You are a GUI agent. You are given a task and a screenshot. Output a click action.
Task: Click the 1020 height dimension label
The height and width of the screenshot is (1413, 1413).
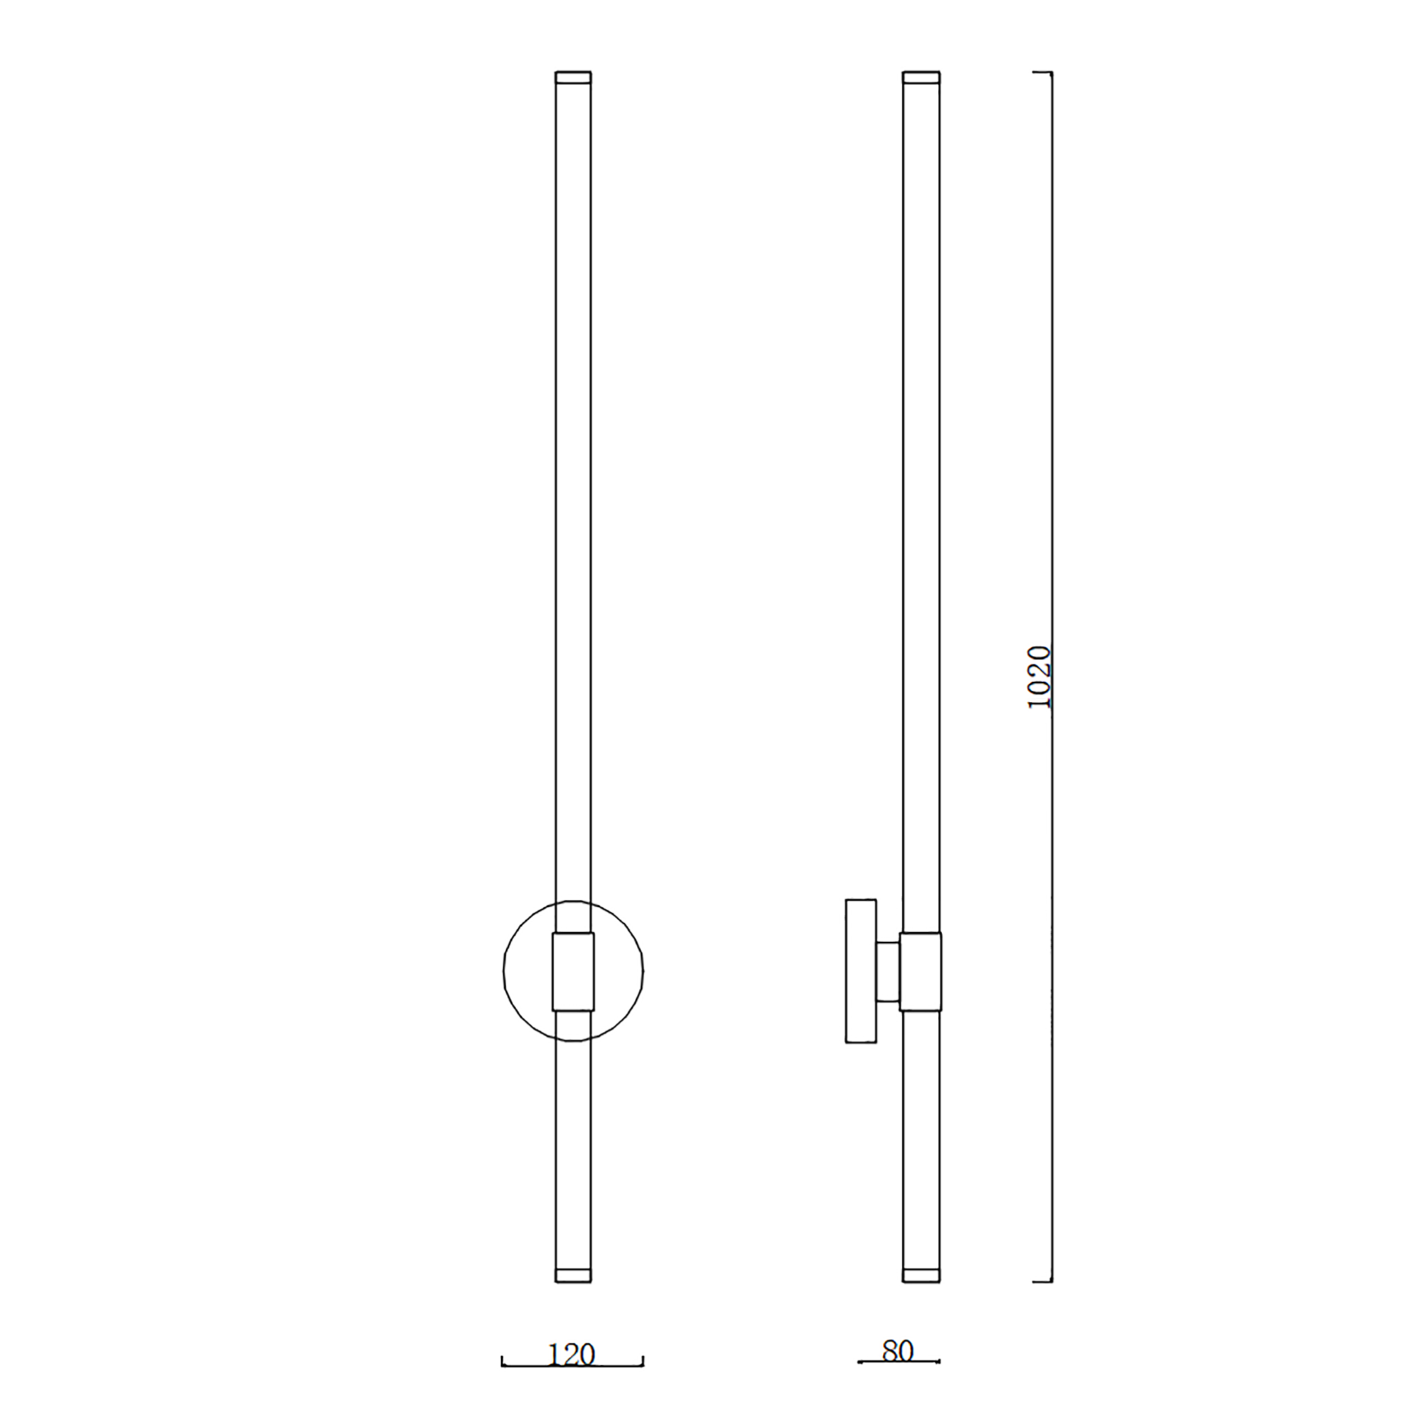[1039, 678]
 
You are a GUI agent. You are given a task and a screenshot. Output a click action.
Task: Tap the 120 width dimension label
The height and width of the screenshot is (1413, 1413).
[571, 1355]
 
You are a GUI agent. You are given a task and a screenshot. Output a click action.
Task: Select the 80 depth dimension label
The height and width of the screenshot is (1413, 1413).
[898, 1351]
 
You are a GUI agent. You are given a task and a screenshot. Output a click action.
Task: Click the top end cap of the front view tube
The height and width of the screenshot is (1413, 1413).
[574, 77]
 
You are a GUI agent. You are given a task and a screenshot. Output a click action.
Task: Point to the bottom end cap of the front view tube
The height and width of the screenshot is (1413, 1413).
[574, 1275]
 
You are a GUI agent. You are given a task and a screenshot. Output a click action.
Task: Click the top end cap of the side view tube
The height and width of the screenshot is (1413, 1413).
[921, 77]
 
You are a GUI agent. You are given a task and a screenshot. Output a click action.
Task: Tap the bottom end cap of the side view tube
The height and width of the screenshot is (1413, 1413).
[921, 1275]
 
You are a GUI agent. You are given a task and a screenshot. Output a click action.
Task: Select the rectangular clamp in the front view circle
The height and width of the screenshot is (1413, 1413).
[574, 972]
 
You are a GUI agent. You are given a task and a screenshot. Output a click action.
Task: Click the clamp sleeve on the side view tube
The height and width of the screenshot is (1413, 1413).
[921, 972]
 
